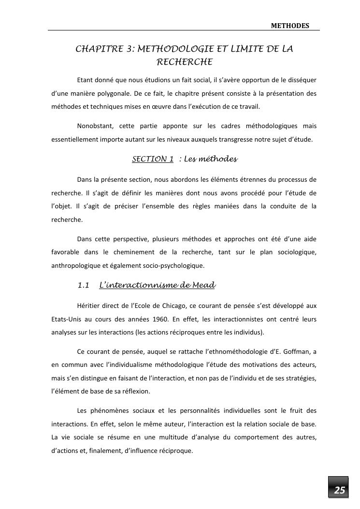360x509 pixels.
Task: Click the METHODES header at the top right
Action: [290, 26]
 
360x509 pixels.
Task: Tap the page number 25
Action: [340, 490]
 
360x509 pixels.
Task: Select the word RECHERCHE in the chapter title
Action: [185, 62]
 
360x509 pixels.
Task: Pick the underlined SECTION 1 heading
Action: [153, 159]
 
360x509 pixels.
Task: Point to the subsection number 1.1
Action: [84, 285]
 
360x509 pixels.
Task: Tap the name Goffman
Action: [291, 350]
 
